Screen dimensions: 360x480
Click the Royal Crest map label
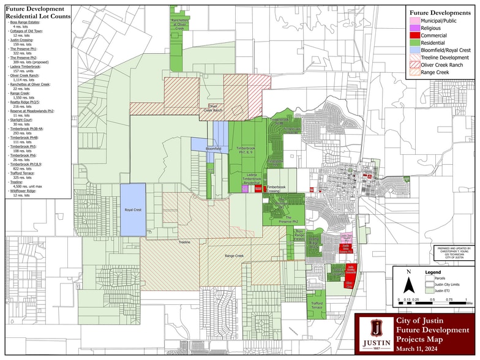point(133,210)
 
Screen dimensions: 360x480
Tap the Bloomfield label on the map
point(213,149)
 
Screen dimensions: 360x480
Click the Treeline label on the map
point(184,242)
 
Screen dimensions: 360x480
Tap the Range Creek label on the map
point(234,256)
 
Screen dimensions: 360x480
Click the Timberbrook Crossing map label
point(276,189)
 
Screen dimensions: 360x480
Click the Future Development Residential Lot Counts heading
point(35,13)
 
